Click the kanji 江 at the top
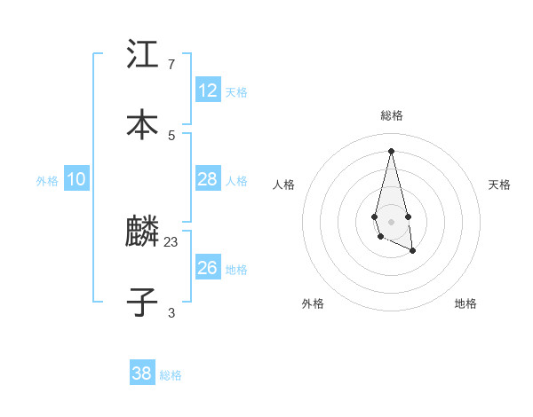tap(142, 54)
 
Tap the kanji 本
tap(142, 125)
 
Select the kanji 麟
tap(142, 232)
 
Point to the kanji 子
tap(142, 303)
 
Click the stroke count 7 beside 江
tap(171, 65)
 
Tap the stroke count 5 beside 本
tap(171, 136)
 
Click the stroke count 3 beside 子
tap(171, 313)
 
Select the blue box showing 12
tap(208, 90)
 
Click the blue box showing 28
tap(208, 179)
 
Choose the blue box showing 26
tap(208, 267)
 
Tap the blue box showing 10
tap(76, 179)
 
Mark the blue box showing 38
tap(142, 374)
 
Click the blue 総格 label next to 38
tap(171, 375)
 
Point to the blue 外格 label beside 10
tap(47, 181)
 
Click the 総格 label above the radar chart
tap(392, 115)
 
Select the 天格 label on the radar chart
tap(500, 185)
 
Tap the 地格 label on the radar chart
tap(465, 303)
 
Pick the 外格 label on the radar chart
tap(313, 303)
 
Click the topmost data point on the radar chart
tap(392, 150)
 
